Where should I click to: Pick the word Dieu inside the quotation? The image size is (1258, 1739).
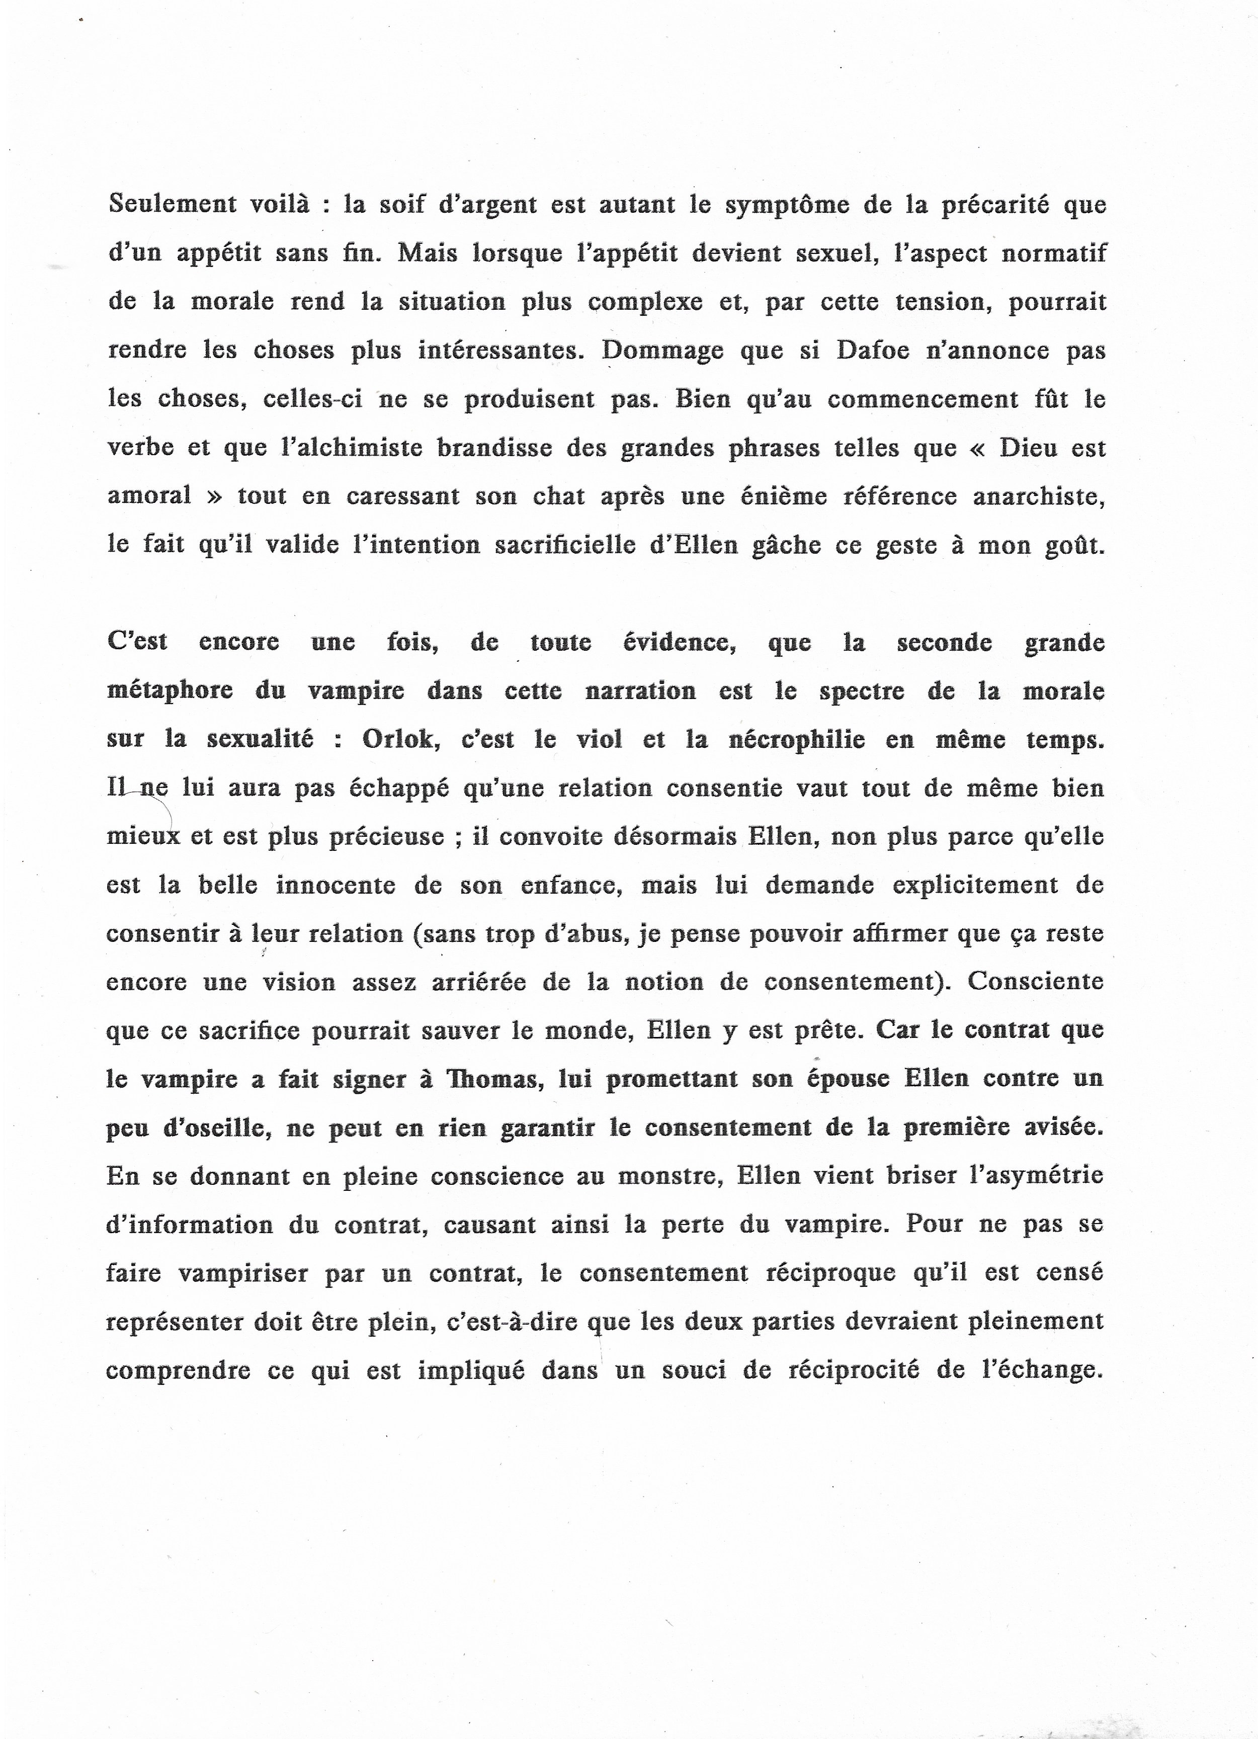pyautogui.click(x=1026, y=448)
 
